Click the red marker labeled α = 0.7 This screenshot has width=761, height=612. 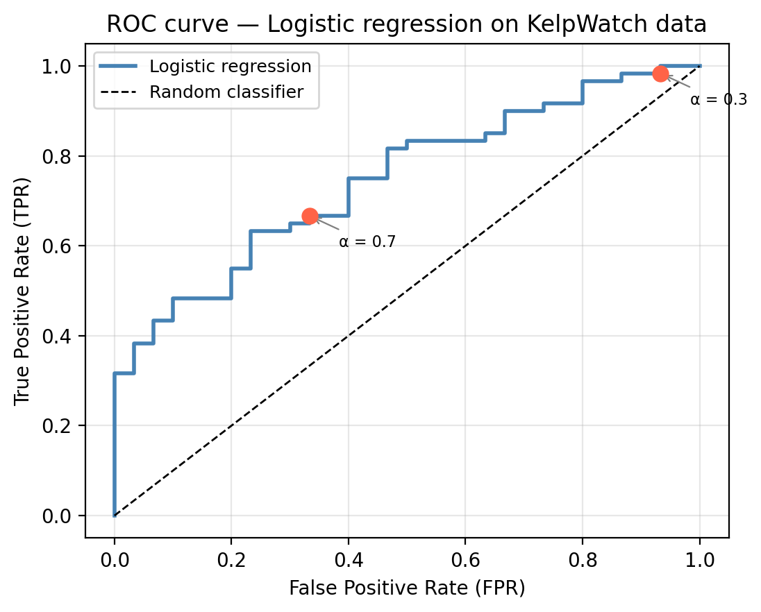[310, 216]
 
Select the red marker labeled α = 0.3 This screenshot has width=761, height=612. [660, 74]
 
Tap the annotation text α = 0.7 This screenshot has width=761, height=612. [367, 242]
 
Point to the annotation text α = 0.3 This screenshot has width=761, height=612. [719, 100]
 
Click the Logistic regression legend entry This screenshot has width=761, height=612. [230, 67]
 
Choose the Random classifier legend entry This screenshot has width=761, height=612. [226, 92]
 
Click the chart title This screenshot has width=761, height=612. [406, 25]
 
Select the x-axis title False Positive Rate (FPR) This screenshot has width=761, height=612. [407, 588]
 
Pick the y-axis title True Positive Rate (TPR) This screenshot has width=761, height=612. [22, 291]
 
